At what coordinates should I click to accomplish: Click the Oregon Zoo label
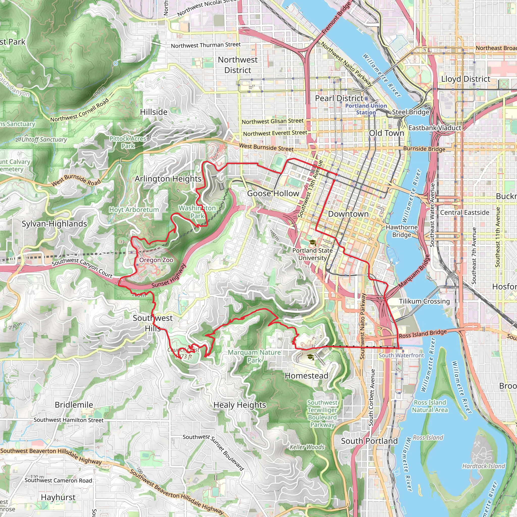click(156, 260)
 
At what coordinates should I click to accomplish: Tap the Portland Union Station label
click(366, 109)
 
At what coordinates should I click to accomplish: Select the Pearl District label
click(339, 98)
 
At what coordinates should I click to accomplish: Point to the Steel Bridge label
click(410, 112)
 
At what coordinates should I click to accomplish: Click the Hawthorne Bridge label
click(401, 231)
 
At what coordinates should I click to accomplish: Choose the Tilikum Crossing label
click(424, 301)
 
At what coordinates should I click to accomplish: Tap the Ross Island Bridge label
click(423, 334)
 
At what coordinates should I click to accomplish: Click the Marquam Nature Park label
click(254, 356)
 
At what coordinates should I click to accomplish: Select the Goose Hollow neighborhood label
click(273, 193)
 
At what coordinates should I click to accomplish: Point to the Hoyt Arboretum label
click(134, 210)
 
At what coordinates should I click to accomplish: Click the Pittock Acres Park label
click(128, 142)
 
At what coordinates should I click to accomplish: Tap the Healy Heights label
click(240, 405)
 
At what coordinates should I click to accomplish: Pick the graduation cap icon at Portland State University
click(312, 242)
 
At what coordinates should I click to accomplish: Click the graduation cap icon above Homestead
click(310, 357)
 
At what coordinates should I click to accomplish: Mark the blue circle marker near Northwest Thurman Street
click(115, 63)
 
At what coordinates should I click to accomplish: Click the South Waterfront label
click(401, 355)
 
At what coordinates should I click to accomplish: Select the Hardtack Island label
click(483, 466)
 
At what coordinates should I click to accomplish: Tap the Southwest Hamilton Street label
click(68, 420)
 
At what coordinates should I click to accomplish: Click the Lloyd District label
click(466, 79)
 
